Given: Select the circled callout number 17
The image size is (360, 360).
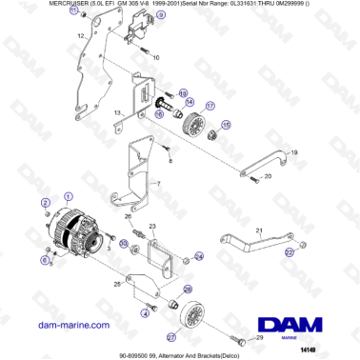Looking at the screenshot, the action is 210,107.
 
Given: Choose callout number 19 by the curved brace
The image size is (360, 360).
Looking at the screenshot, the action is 294,152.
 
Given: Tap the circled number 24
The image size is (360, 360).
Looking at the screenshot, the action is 198,256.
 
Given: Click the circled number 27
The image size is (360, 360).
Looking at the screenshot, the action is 170,335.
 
